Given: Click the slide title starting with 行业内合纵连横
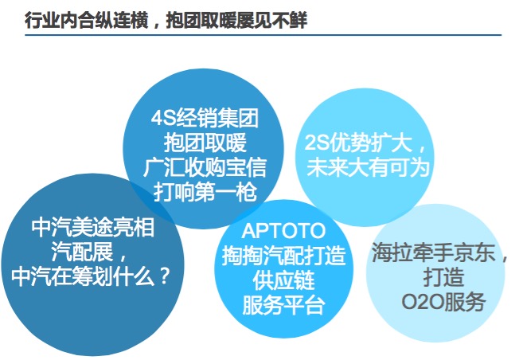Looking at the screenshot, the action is click(166, 20).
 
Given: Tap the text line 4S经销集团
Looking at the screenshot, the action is click(205, 119).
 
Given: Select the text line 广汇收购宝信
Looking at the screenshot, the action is click(205, 167).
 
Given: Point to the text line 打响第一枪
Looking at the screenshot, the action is click(205, 192).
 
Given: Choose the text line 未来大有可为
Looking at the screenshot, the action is click(368, 167).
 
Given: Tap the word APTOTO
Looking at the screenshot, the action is click(283, 231).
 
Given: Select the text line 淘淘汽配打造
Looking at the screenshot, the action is click(283, 256).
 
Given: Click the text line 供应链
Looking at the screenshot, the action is click(283, 280).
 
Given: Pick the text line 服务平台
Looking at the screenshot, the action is click(283, 305).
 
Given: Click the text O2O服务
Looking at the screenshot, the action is click(443, 302).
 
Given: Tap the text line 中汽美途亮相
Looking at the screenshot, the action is click(92, 228).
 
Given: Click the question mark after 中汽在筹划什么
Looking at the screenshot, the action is click(163, 276).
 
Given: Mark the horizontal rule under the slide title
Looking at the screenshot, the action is click(263, 35).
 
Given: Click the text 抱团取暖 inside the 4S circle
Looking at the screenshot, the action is click(205, 143).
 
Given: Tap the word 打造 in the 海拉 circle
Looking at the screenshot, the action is click(443, 277).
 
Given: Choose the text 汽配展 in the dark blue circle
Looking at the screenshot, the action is click(83, 252).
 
